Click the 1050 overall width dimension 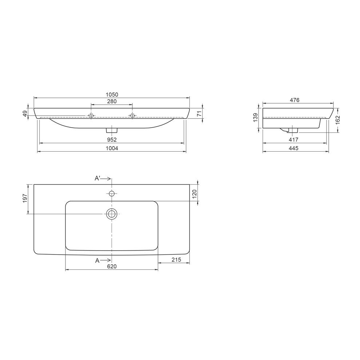[x=112, y=95]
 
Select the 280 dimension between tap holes [x=112, y=101]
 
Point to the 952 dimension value [x=112, y=140]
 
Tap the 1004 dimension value [x=112, y=148]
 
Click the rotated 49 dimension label [x=25, y=113]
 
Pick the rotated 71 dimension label [x=199, y=113]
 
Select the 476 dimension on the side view [x=295, y=100]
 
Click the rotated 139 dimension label [x=255, y=118]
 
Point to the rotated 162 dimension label [x=337, y=120]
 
